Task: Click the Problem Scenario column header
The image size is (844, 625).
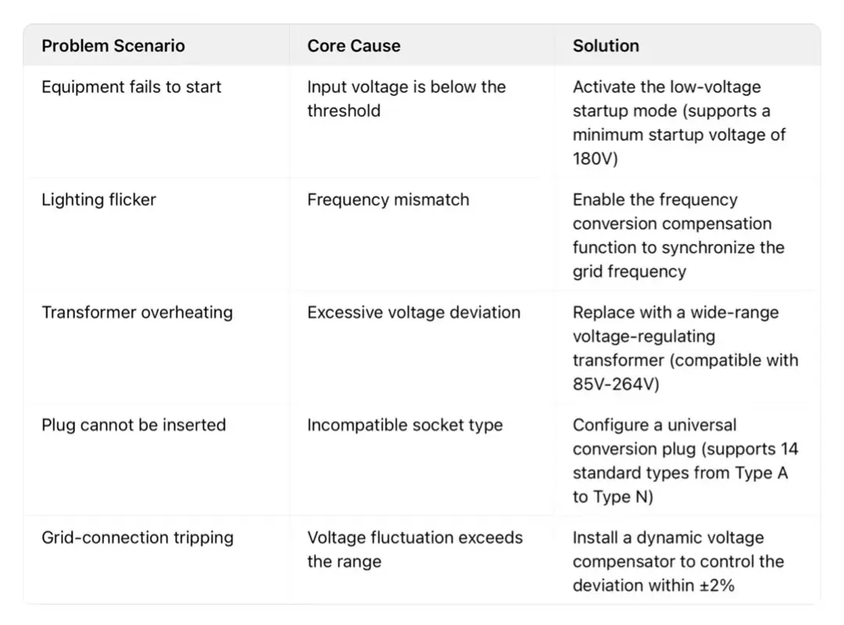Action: point(113,45)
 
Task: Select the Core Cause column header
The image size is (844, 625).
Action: point(354,45)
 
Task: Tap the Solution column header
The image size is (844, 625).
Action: point(605,45)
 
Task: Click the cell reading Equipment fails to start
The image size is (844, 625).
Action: point(131,87)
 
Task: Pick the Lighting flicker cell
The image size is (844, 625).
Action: point(99,199)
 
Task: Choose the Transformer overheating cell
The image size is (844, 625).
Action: point(137,312)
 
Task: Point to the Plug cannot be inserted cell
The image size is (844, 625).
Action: point(134,425)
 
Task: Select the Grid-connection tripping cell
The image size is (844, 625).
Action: point(137,538)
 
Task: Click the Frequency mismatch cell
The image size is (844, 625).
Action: point(388,199)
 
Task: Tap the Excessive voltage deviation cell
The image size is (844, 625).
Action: point(413,312)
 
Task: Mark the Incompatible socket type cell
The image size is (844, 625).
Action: point(404,426)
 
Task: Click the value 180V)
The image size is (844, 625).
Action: point(595,159)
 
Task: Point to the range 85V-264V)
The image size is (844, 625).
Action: point(616,384)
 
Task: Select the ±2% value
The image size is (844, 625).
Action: point(717,585)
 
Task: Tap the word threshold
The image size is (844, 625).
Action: point(343,111)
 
